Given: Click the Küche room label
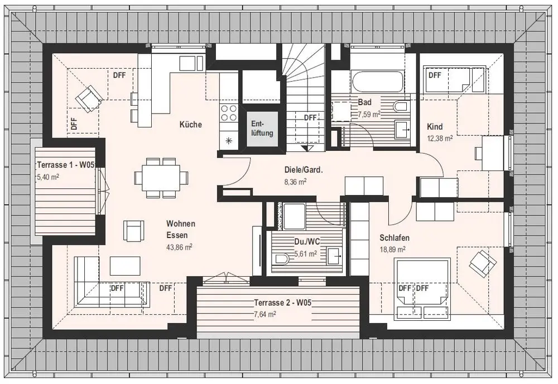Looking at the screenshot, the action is pyautogui.click(x=190, y=125).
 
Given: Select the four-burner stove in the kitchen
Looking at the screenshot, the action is pyautogui.click(x=229, y=113).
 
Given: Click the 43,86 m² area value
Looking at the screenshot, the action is pyautogui.click(x=179, y=246).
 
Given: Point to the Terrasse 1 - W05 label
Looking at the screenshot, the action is pyautogui.click(x=66, y=165).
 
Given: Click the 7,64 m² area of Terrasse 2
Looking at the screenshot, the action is pyautogui.click(x=264, y=314).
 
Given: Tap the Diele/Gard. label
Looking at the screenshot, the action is pyautogui.click(x=303, y=170).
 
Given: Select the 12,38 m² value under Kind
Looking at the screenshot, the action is pyautogui.click(x=440, y=138).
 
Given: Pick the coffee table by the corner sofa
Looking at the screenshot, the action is pyautogui.click(x=125, y=266).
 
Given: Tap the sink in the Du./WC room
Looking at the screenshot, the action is pyautogui.click(x=334, y=255).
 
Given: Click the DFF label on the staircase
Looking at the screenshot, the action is pyautogui.click(x=310, y=118).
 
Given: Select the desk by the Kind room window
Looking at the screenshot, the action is pyautogui.click(x=493, y=153).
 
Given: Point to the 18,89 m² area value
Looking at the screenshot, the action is pyautogui.click(x=392, y=249).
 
